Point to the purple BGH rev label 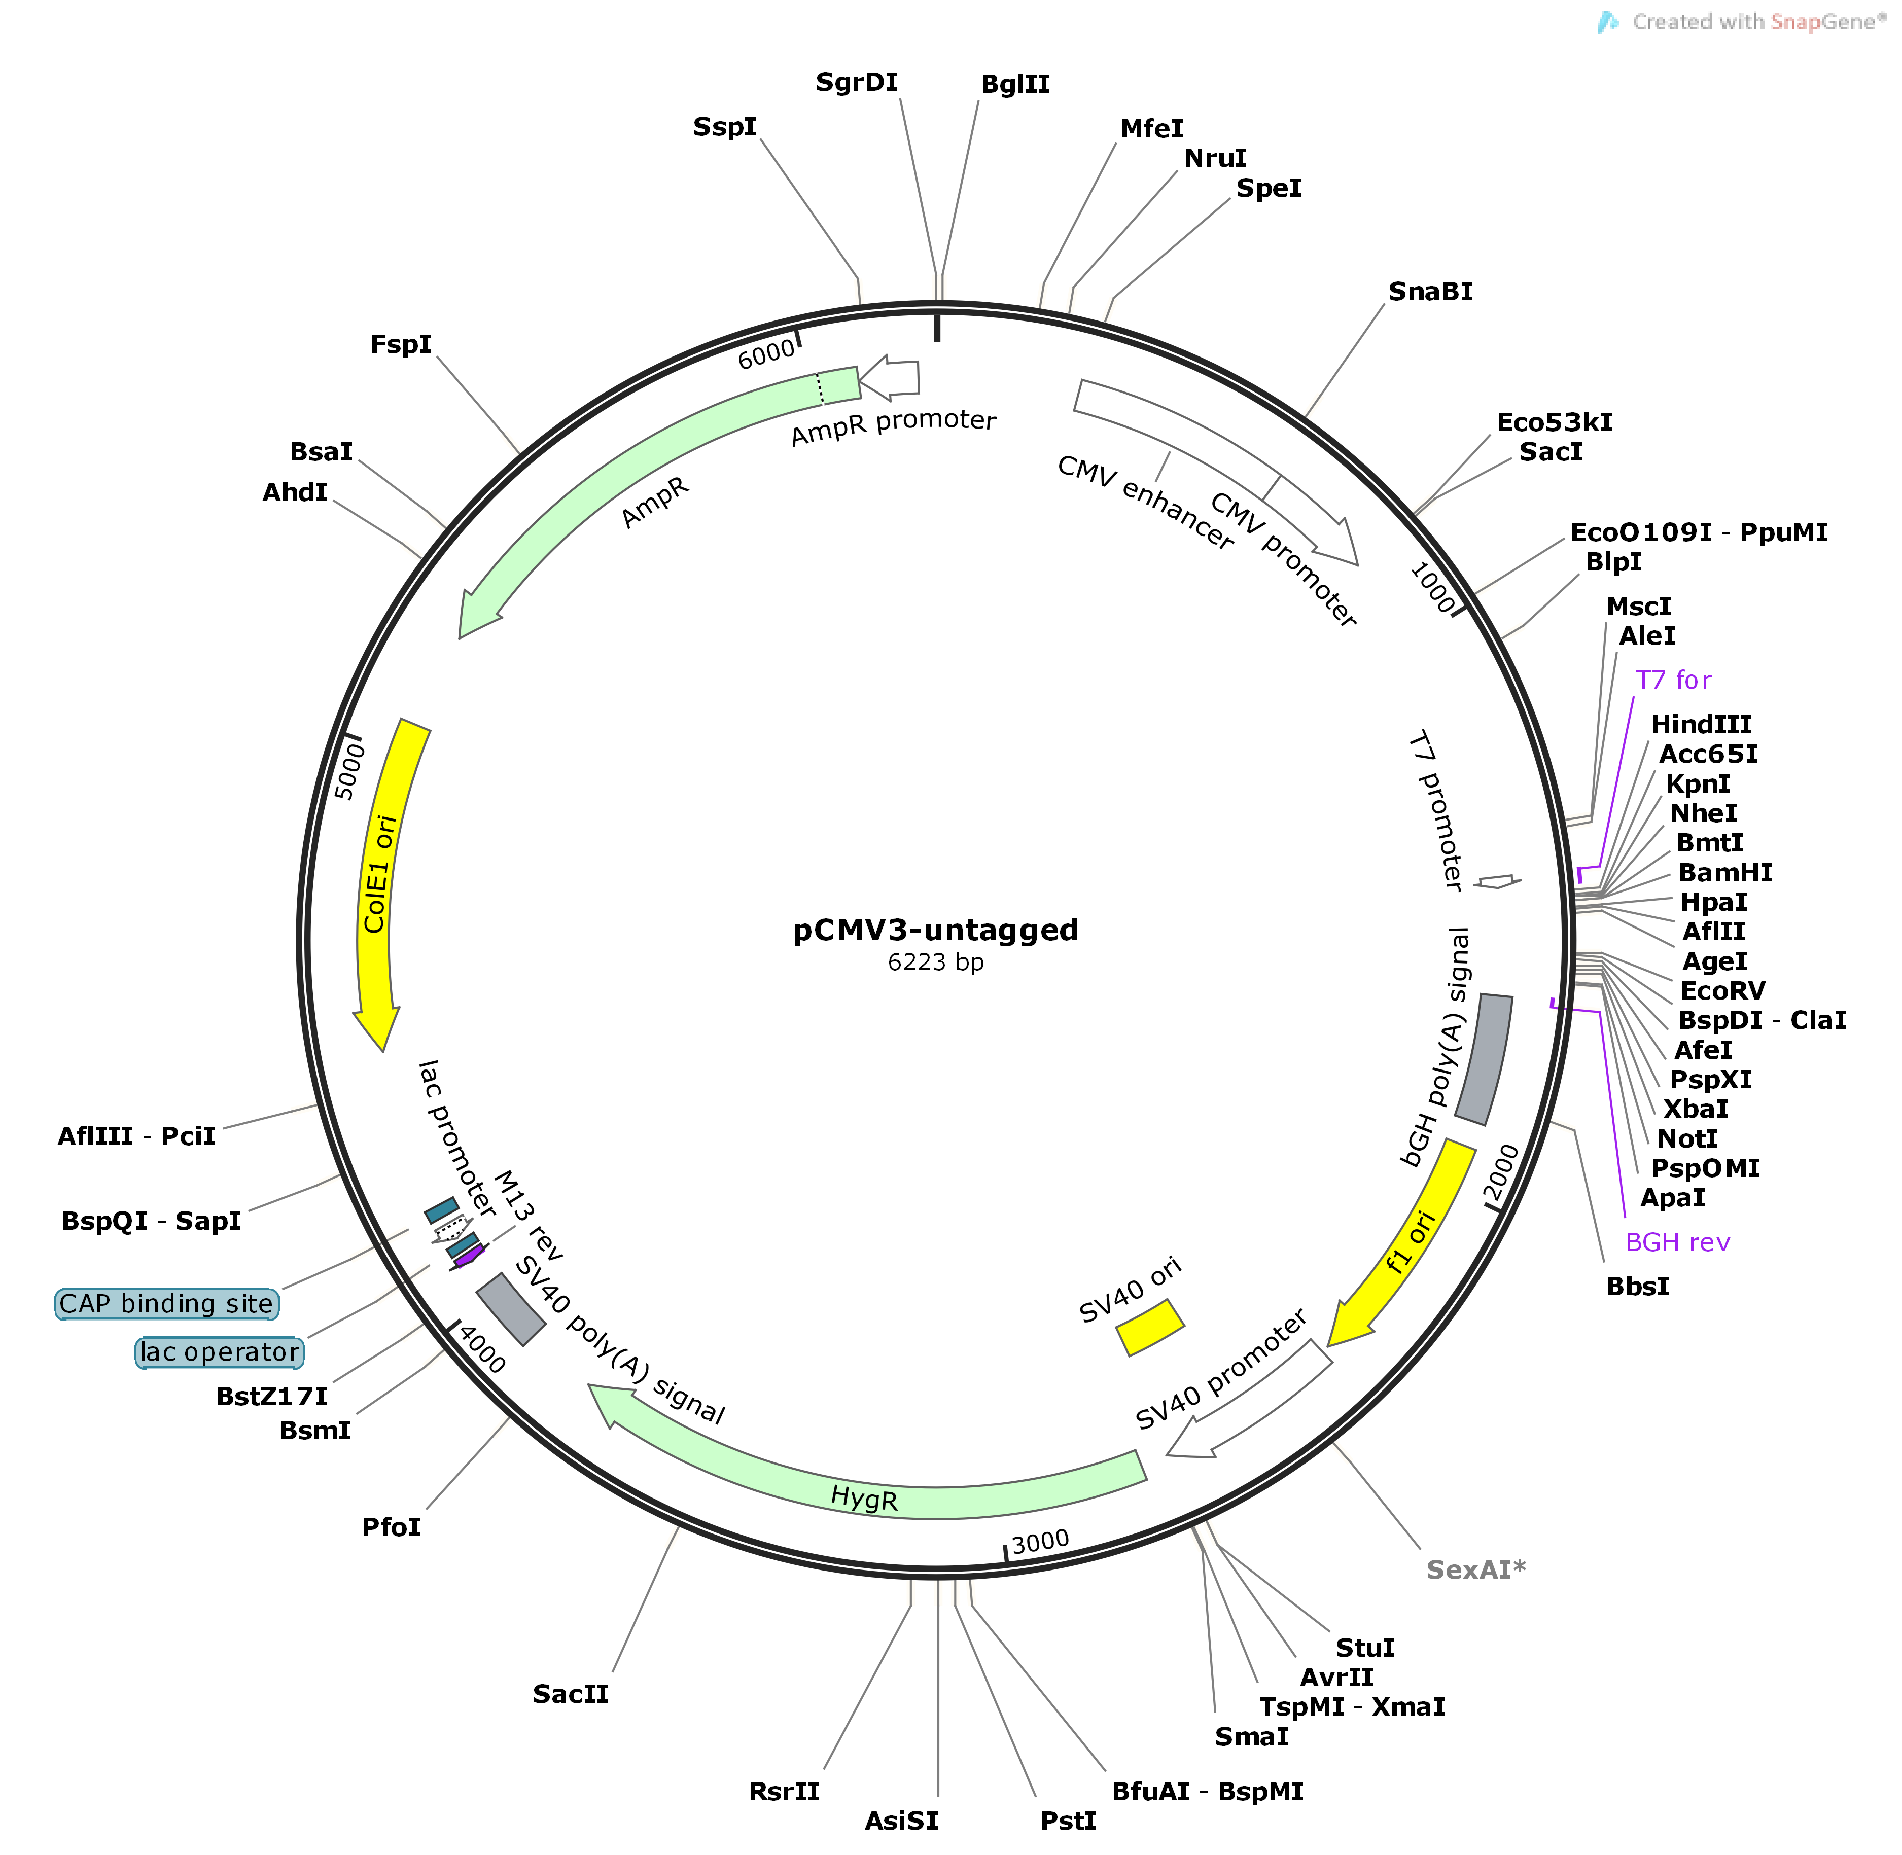click(1677, 1242)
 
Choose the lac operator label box click(219, 1352)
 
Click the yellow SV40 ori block click(1150, 1327)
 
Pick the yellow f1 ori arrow click(1413, 1237)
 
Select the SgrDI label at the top click(857, 83)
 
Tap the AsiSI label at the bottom click(901, 1820)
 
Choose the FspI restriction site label click(401, 345)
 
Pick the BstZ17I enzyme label click(272, 1396)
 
